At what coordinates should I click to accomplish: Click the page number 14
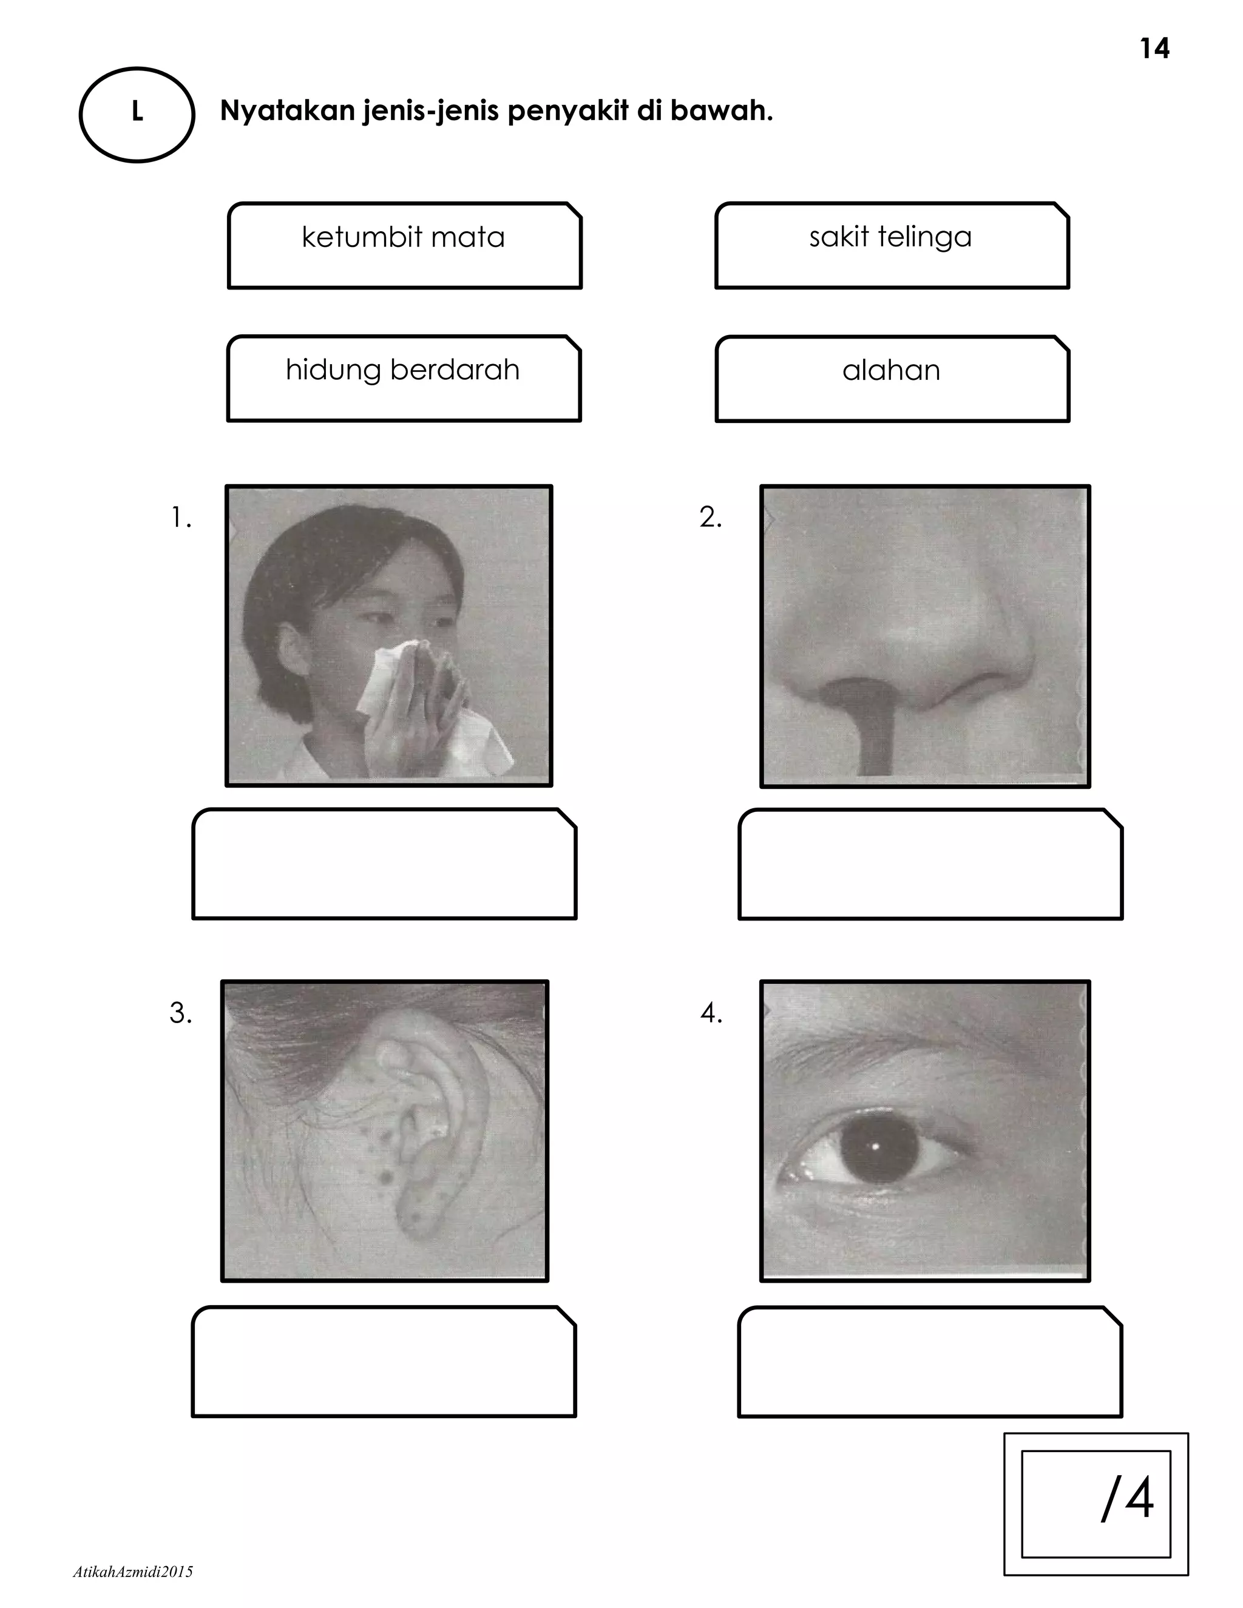[x=1154, y=49]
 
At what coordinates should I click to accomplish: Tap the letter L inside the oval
[x=137, y=112]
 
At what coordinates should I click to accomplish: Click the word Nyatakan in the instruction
[x=287, y=111]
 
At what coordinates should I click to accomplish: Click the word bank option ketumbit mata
[x=404, y=238]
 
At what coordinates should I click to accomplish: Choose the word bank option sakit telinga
[x=890, y=237]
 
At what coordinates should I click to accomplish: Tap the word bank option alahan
[x=891, y=370]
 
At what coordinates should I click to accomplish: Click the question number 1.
[x=180, y=518]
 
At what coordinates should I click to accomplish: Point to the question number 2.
[x=711, y=518]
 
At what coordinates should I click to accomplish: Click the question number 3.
[x=180, y=1013]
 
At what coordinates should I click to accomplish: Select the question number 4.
[x=711, y=1014]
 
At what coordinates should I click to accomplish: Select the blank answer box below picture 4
[x=929, y=1362]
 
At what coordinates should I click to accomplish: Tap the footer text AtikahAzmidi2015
[x=134, y=1572]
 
